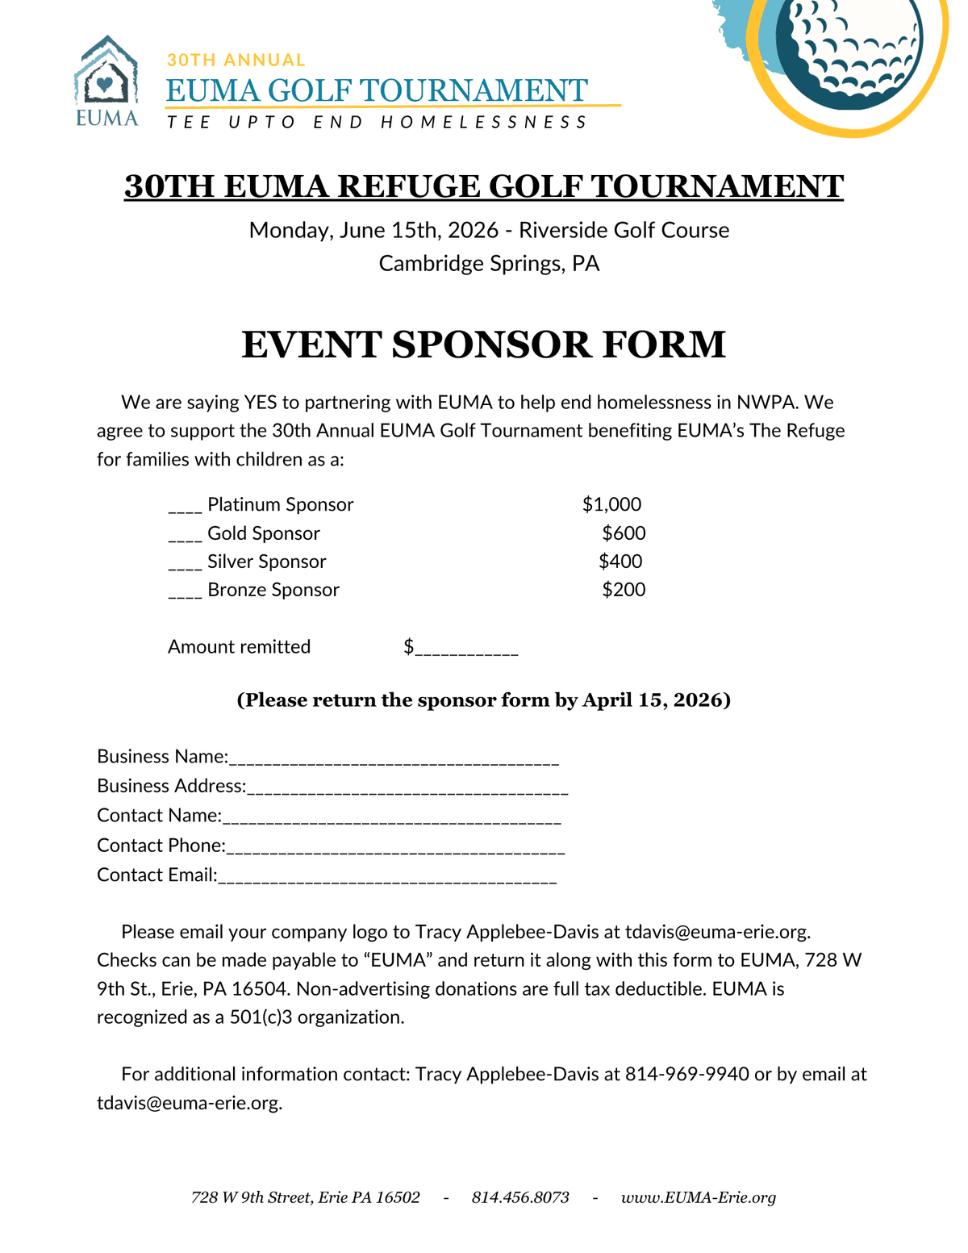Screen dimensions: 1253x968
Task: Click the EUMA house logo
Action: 106,81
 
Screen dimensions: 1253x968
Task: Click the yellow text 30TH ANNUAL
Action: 236,60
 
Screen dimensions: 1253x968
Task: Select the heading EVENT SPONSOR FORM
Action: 484,345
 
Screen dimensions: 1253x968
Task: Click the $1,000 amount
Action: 611,505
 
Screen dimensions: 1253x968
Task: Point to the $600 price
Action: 624,533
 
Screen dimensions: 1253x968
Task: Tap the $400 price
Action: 620,562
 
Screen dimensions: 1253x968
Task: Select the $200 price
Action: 624,590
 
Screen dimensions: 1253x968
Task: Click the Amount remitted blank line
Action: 465,650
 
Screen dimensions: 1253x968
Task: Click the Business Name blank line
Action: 394,761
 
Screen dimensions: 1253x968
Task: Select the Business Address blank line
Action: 407,791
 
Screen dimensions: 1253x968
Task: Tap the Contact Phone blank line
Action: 395,850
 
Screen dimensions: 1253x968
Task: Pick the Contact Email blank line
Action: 387,880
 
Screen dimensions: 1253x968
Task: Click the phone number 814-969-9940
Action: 687,1075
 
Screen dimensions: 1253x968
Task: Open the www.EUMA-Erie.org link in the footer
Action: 699,1198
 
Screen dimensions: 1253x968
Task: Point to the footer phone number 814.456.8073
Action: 520,1198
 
